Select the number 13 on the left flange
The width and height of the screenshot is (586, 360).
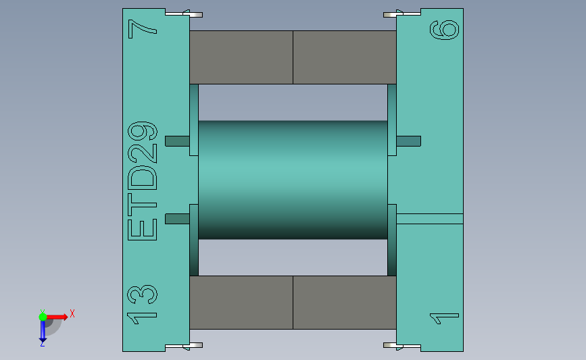pyautogui.click(x=143, y=303)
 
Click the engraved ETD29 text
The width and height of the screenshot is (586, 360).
pyautogui.click(x=143, y=181)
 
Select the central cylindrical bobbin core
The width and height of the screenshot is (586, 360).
pyautogui.click(x=293, y=179)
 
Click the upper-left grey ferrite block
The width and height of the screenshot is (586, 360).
pyautogui.click(x=241, y=57)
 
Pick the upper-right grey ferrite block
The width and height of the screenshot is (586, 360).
pyautogui.click(x=344, y=57)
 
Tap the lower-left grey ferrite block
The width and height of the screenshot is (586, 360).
pyautogui.click(x=241, y=302)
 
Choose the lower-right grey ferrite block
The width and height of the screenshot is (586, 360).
pyautogui.click(x=344, y=302)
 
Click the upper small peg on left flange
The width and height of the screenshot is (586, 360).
pyautogui.click(x=177, y=141)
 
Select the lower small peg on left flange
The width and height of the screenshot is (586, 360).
pyautogui.click(x=177, y=218)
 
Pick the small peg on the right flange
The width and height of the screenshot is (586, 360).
pyautogui.click(x=408, y=141)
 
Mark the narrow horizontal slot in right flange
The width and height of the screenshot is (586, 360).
pyautogui.click(x=429, y=218)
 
